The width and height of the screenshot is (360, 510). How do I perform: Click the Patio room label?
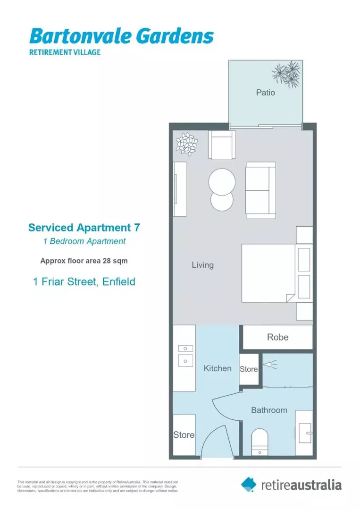click(x=265, y=93)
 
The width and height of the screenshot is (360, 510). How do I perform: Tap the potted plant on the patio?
click(x=286, y=74)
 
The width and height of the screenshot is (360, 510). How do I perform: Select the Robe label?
click(x=277, y=337)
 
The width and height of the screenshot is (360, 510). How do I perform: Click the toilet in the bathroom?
click(x=260, y=442)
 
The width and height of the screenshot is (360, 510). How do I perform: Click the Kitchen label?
click(x=218, y=368)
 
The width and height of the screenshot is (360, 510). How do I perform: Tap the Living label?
click(x=202, y=265)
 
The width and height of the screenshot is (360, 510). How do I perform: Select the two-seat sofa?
click(x=260, y=190)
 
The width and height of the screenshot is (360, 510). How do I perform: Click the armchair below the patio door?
click(x=221, y=144)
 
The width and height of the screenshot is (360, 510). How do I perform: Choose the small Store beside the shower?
click(x=249, y=369)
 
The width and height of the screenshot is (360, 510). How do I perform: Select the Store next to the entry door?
click(x=184, y=434)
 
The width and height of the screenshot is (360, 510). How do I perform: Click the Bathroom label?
click(x=269, y=410)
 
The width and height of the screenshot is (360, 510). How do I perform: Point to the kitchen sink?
click(x=185, y=361)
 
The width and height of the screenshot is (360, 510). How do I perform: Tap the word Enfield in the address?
click(x=118, y=282)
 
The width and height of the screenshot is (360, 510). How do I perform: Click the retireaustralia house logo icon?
click(x=249, y=484)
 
